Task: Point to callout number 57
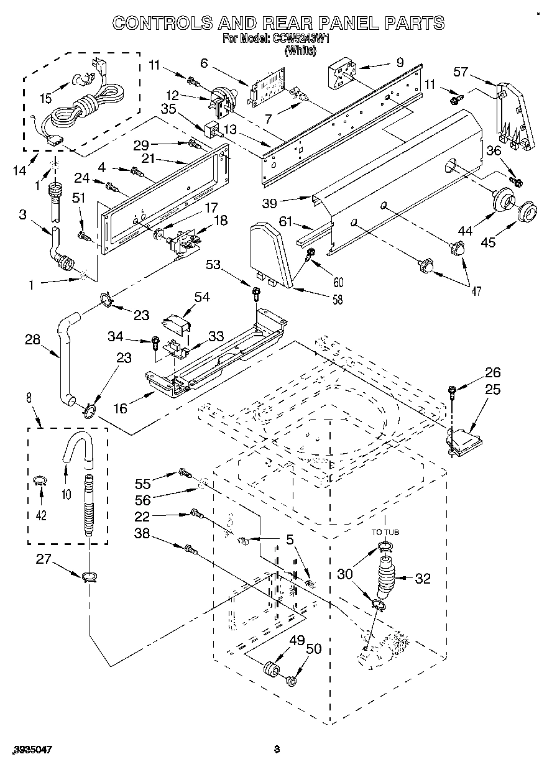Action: pos(461,73)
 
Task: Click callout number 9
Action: pos(400,62)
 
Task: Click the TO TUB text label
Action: pos(385,532)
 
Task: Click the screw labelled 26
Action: pos(453,391)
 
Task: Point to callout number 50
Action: pos(314,650)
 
